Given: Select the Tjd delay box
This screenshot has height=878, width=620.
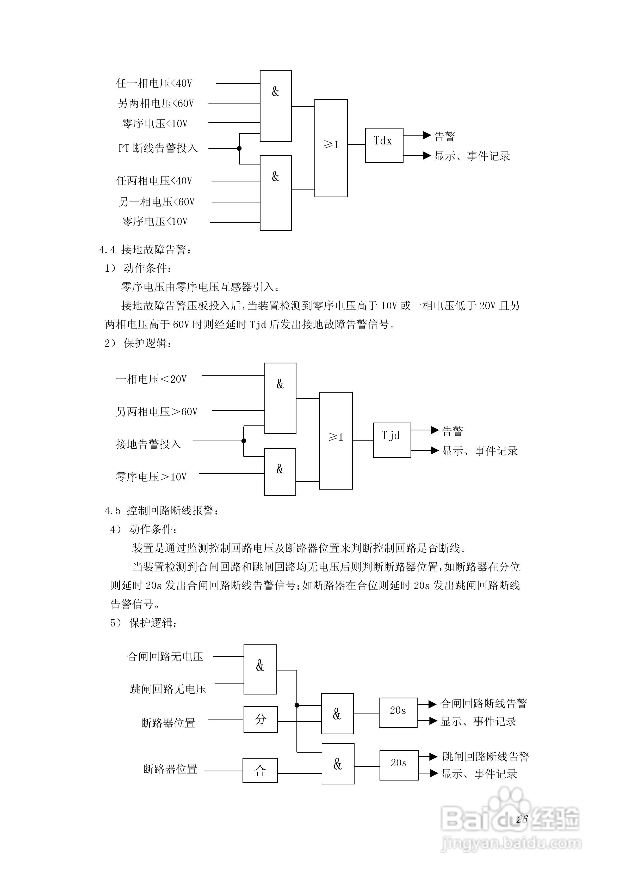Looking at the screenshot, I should coord(392,440).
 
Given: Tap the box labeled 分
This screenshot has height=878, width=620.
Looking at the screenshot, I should coord(261,719).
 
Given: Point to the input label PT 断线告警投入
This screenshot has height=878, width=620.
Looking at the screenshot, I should coord(158,148).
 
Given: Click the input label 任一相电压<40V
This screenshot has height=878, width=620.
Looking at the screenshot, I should coord(154,83).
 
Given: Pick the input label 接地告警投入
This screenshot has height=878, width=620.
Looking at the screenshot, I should coord(148,444).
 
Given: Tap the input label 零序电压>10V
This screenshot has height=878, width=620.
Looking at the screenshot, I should coord(151,477).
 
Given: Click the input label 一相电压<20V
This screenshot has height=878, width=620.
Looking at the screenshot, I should coord(151,379).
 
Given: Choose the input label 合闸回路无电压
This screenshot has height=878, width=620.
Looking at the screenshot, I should coord(165,657).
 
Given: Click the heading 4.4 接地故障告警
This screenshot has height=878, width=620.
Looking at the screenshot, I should coord(145,250).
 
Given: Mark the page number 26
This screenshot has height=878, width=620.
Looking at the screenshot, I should coord(522,819).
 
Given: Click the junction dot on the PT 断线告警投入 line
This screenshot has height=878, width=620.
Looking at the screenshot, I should coord(239,148).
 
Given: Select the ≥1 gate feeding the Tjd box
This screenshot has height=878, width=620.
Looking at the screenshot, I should coord(336,441).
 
